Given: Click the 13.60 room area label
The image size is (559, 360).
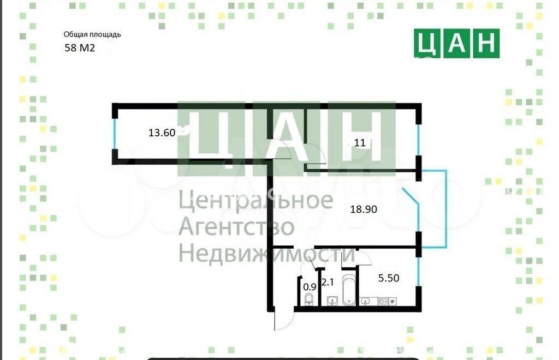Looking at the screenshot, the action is coord(162,133).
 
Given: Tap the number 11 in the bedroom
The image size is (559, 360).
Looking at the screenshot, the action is coord(360,143).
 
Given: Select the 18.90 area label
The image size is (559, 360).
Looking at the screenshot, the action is coord(363,209).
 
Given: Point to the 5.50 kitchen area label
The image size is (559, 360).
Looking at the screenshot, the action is coord(389,278).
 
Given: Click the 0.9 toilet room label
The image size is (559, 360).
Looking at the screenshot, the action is coord(310,287).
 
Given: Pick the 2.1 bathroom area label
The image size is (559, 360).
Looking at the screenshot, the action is coord(328,283).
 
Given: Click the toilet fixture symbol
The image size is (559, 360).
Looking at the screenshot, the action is coord(309,299).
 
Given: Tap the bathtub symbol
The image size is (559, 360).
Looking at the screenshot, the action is coord(349,290).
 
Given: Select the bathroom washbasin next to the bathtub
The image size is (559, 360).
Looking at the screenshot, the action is coord(332,301).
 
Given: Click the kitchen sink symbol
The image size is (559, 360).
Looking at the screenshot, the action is coord(365,301).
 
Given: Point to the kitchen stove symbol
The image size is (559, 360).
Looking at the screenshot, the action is coord(383,302).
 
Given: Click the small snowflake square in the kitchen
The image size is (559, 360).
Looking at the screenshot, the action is coord(392,302).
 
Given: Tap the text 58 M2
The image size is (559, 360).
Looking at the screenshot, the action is coord(80,47).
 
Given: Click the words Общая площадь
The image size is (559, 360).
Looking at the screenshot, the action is coord(92,34).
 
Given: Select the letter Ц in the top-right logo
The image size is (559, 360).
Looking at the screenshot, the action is coord(427,44).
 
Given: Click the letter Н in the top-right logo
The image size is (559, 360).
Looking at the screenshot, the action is coord(486,44).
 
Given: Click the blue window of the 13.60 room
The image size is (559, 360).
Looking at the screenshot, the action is coord(115,134).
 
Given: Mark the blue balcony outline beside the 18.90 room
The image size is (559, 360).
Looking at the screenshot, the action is coord(446,209).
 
